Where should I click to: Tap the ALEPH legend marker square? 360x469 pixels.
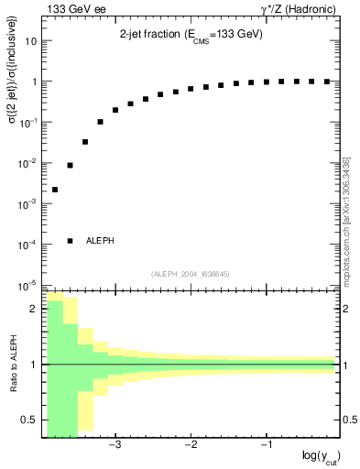coord(70,241)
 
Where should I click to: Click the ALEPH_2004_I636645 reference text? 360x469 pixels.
coord(189,273)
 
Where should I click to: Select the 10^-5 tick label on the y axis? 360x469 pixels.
coord(28,285)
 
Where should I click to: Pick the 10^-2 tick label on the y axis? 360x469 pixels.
coord(28,163)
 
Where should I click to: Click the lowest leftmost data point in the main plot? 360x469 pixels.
coord(55,190)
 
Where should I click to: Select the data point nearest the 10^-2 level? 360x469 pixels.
coord(70,166)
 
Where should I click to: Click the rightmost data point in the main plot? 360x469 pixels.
coord(326,82)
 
